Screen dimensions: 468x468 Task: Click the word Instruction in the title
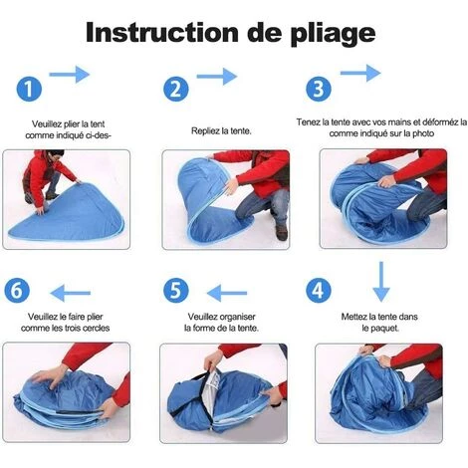click(x=162, y=32)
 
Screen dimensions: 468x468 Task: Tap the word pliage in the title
click(x=333, y=35)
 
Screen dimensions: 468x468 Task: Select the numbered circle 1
click(x=29, y=90)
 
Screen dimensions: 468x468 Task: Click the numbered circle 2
click(x=176, y=90)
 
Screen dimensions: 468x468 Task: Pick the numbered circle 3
click(x=319, y=89)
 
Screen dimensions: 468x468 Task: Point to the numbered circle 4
click(x=319, y=290)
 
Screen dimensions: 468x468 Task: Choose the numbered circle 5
click(x=176, y=290)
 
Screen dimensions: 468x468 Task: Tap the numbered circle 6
click(x=17, y=290)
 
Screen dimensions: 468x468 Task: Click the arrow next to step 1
click(x=70, y=75)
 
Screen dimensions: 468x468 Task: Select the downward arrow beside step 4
click(x=381, y=282)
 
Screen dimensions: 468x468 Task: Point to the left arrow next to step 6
click(x=71, y=293)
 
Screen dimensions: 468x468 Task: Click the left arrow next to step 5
click(x=227, y=293)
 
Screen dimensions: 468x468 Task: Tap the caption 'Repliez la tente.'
click(x=221, y=131)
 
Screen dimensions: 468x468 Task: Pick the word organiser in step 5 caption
click(x=238, y=317)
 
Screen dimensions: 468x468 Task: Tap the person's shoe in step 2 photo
click(x=281, y=233)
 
